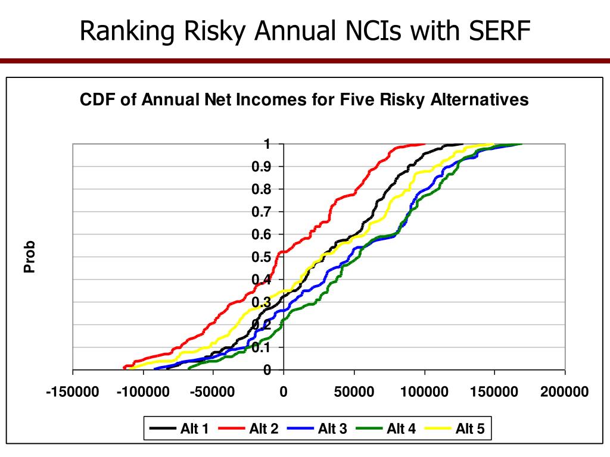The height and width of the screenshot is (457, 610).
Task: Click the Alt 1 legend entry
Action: point(179,428)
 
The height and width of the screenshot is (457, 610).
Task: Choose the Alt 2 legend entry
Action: point(248,428)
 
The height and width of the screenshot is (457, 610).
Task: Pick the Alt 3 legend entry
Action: point(316,428)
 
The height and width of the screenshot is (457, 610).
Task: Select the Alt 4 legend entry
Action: point(385,428)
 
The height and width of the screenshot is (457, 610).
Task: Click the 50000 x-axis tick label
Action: point(354,393)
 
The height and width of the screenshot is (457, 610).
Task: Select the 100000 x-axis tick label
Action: point(424,393)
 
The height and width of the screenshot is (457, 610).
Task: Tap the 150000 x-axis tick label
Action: point(494,393)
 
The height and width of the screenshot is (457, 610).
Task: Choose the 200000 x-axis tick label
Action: point(565,393)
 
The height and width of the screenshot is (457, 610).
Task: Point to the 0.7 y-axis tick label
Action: point(263,212)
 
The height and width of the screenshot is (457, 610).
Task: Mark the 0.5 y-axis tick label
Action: point(263,258)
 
